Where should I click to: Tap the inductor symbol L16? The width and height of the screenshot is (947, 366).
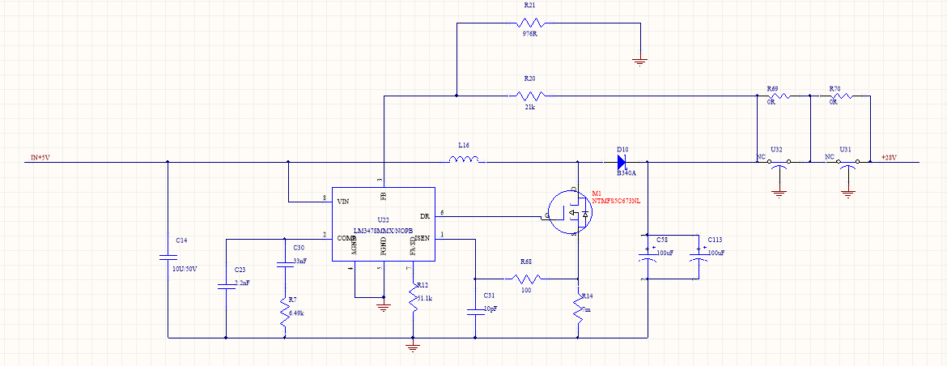pos(467,160)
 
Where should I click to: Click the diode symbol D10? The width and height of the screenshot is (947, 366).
pos(622,161)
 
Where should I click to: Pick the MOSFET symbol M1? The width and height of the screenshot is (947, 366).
pos(570,212)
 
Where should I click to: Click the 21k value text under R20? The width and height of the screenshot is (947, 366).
pos(531,106)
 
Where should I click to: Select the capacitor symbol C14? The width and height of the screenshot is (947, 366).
pos(168,257)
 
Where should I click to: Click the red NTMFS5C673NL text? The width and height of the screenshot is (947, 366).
pos(617,201)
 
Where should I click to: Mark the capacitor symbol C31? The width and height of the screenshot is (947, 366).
pos(475,309)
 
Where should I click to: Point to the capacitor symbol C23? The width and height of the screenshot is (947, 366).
pos(225,285)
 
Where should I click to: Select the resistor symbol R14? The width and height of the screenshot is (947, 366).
pos(579,309)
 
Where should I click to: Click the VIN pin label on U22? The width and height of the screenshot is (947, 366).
pos(343,201)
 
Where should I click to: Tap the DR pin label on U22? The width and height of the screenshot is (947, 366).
pos(425,216)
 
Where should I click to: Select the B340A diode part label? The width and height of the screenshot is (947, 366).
pos(626,173)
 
